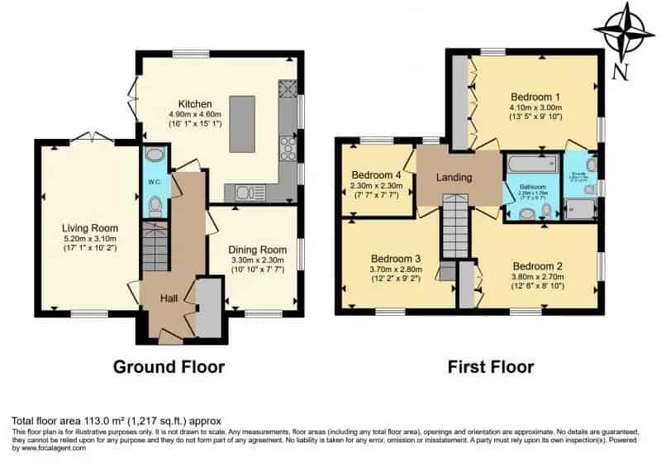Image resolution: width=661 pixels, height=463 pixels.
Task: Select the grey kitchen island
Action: (x=242, y=124)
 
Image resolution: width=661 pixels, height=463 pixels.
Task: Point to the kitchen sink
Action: (x=243, y=193)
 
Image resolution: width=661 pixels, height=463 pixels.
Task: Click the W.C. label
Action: (x=154, y=183)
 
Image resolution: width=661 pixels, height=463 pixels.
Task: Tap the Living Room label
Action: (x=90, y=228)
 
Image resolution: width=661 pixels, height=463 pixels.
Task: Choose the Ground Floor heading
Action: (x=169, y=366)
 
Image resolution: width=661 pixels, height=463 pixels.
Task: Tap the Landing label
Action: (x=454, y=178)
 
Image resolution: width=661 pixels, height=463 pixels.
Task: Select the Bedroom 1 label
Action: (x=535, y=95)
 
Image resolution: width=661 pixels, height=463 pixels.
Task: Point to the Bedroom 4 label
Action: (x=377, y=175)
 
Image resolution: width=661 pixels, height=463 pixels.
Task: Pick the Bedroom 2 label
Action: (x=535, y=255)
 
